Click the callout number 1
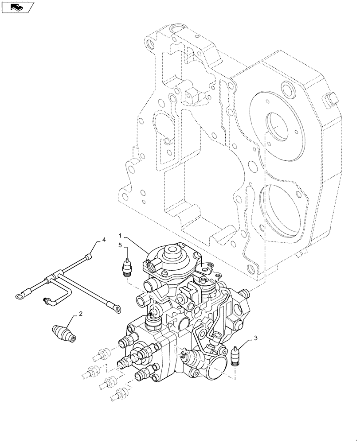pos(120,234)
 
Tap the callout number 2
pos(80,314)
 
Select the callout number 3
pos(255,339)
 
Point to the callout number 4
pos(104,240)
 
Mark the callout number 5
pos(120,245)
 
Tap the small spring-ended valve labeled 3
pos(236,356)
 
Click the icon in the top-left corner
pos(18,7)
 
